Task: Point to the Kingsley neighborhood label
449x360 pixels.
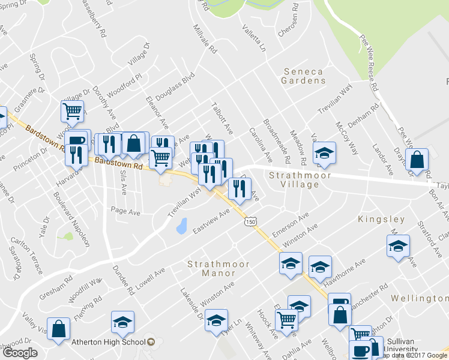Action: tap(382, 220)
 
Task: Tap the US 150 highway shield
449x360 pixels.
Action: tap(250, 222)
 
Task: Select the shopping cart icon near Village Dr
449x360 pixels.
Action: tap(72, 110)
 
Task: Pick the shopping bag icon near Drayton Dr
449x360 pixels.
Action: tap(417, 159)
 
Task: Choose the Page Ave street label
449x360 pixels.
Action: tap(125, 211)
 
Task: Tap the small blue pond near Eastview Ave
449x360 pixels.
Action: tap(181, 226)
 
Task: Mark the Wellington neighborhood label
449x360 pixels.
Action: tap(419, 298)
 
